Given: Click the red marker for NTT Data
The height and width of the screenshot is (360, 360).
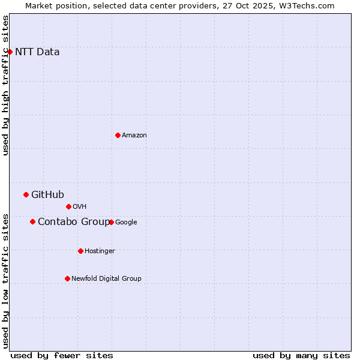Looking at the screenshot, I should click(x=10, y=52).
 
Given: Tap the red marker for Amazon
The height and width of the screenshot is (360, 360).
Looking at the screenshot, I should click(x=118, y=135).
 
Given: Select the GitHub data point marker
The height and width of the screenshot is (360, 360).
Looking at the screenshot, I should click(x=26, y=194).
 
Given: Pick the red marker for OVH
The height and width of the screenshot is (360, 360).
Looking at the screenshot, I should click(x=68, y=206).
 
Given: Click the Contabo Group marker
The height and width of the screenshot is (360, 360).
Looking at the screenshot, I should click(x=32, y=221).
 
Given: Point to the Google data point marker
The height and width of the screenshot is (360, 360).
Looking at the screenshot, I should click(x=111, y=222).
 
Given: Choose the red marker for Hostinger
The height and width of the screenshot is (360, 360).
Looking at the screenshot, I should click(x=80, y=251).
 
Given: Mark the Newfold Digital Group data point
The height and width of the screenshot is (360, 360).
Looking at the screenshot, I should click(x=67, y=278).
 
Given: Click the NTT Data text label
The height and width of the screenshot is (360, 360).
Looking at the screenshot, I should click(x=37, y=52).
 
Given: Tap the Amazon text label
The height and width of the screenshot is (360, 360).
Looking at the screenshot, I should click(x=134, y=135).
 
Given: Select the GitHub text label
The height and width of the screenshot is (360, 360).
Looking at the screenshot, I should click(x=47, y=194).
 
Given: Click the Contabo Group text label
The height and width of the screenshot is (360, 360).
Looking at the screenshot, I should click(x=74, y=222).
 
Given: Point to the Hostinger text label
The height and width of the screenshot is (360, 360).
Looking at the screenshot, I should click(x=100, y=251).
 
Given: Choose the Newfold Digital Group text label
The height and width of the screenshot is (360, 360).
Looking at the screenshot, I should click(x=106, y=278).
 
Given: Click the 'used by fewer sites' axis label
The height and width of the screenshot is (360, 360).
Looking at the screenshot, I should click(x=62, y=355).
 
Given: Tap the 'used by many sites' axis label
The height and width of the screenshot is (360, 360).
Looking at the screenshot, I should click(x=301, y=355).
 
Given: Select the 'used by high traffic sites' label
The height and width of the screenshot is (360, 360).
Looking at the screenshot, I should click(x=5, y=85).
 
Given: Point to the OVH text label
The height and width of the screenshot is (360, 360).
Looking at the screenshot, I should click(x=80, y=206).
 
